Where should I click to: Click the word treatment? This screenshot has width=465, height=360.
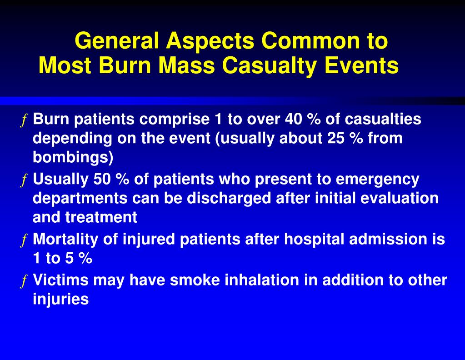[101, 218]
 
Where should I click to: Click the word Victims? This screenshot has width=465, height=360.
[61, 280]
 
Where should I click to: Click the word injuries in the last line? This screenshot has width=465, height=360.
[60, 300]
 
